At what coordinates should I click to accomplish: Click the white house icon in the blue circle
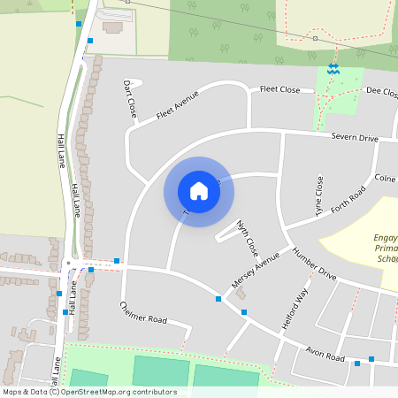click(199, 191)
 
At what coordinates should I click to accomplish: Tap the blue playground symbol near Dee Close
click(333, 68)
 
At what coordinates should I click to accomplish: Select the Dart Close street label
click(130, 99)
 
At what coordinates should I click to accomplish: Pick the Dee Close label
click(380, 91)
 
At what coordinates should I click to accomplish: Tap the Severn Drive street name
click(355, 139)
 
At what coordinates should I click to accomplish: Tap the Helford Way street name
click(295, 310)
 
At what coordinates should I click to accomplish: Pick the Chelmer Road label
click(142, 312)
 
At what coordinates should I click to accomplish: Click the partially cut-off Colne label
click(386, 179)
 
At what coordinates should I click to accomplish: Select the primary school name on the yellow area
click(380, 249)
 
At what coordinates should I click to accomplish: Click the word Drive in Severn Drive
click(367, 139)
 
